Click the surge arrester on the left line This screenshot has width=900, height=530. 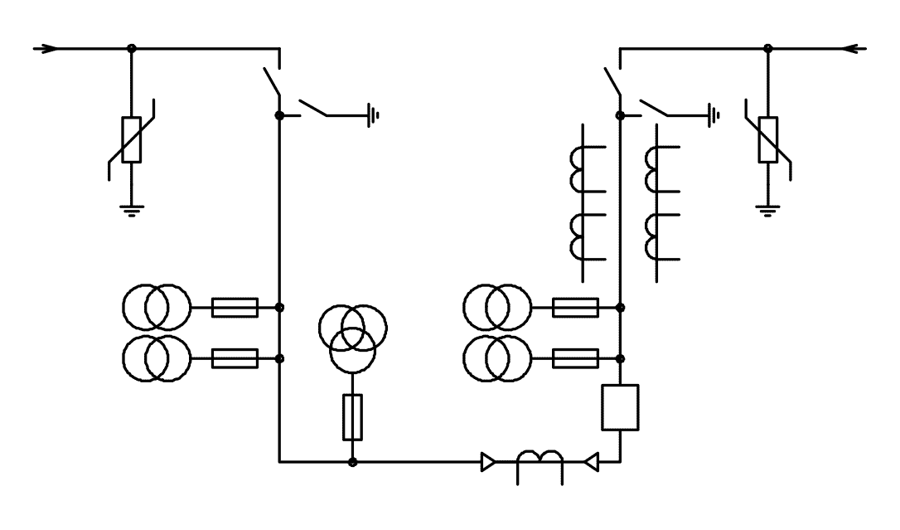(131, 139)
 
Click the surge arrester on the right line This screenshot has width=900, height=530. (768, 139)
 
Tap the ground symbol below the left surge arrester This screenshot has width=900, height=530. (131, 209)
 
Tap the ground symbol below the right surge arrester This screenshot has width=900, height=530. (768, 209)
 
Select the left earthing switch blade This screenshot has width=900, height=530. (313, 108)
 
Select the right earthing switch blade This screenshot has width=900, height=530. (654, 108)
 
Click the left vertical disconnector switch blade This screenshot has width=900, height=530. (271, 83)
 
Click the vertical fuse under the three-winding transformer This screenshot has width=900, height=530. (352, 417)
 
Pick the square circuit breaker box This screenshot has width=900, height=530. (620, 407)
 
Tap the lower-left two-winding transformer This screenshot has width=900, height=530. (157, 358)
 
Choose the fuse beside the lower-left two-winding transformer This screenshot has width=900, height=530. (235, 358)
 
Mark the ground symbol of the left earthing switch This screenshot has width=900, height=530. (374, 115)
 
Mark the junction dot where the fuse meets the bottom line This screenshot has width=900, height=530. (352, 461)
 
